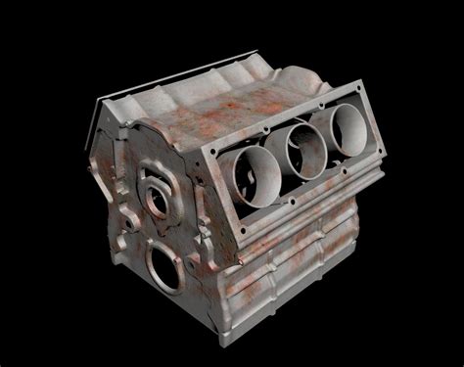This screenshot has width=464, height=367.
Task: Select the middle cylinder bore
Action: coord(303,147)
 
